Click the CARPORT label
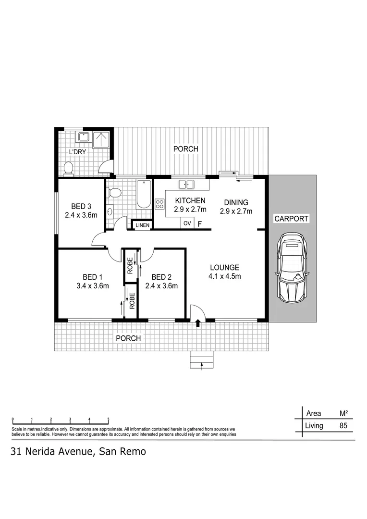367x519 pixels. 291,219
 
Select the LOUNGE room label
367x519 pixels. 224,268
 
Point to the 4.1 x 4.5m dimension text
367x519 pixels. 224,276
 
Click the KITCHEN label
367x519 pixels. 190,201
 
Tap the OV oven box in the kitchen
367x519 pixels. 187,223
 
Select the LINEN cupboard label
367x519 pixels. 143,225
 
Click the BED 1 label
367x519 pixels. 92,277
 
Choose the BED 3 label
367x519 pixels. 81,207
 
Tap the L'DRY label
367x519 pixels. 77,152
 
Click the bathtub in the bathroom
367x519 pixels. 143,195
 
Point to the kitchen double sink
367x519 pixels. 186,184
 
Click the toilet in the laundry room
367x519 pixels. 69,168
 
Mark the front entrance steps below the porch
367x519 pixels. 201,360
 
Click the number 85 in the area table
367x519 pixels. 343,425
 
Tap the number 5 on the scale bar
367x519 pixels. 109,419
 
